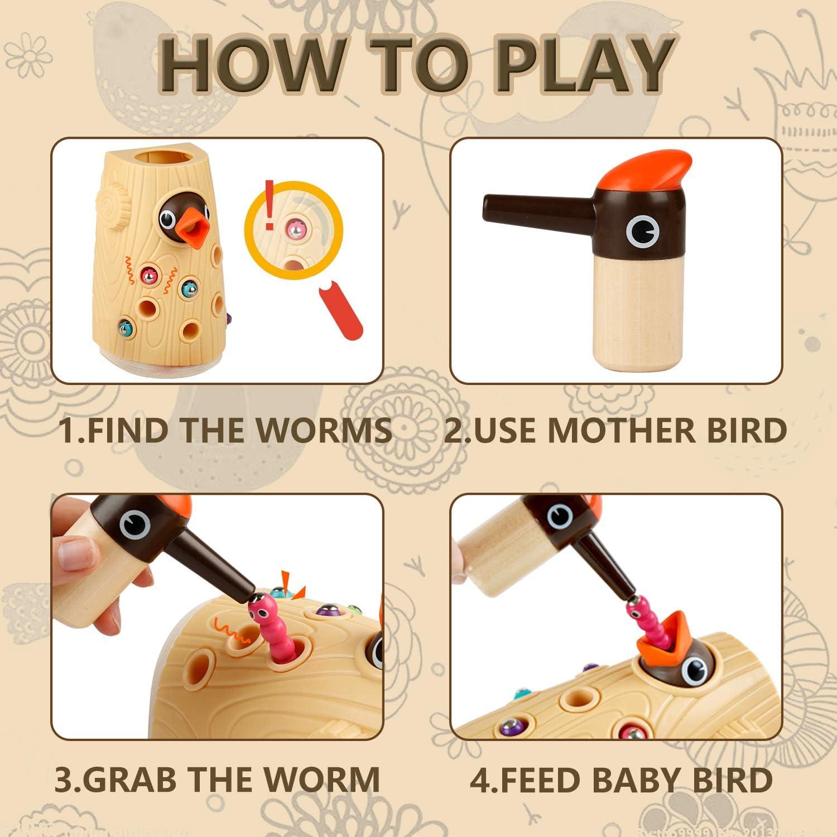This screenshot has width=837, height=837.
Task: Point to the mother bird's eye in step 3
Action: point(134,524)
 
